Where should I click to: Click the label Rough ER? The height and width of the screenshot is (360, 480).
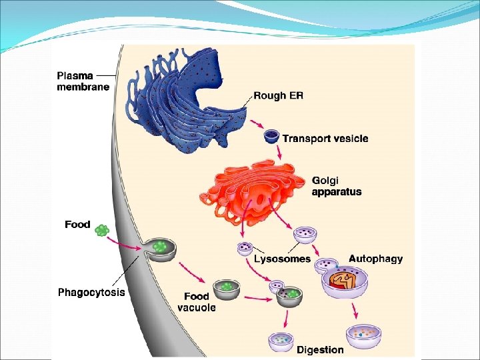[x=278, y=96]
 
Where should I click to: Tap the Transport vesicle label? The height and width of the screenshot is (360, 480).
[x=325, y=139]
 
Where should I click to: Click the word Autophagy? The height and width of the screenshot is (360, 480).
[x=375, y=259]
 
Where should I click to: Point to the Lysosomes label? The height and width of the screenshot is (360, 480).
[x=282, y=259]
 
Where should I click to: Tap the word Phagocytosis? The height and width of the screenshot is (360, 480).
[x=91, y=292]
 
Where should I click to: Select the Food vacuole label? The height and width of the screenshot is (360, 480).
[x=196, y=301]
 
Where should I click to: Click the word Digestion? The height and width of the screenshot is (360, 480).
[x=320, y=349]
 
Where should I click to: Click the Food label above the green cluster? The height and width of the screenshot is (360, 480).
[x=77, y=224]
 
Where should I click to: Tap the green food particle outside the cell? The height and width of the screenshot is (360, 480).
[x=101, y=231]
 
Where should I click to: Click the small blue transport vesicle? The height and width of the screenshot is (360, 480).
[x=271, y=137]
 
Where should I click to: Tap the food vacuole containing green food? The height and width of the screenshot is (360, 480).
[x=227, y=289]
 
